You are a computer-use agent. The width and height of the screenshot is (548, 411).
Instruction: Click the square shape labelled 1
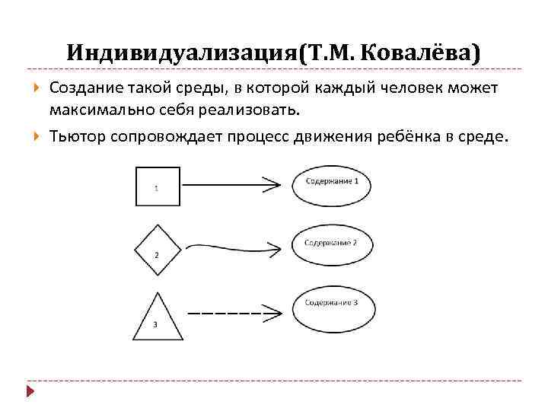click(x=158, y=186)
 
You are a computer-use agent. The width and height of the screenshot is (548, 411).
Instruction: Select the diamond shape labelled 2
click(x=158, y=248)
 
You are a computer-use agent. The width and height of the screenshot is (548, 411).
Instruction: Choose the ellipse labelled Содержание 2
click(x=332, y=244)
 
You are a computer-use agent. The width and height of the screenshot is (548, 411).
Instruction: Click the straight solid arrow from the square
click(x=228, y=183)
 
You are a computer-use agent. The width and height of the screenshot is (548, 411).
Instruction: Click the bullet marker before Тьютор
click(x=37, y=136)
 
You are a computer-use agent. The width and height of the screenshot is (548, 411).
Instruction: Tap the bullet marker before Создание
click(x=37, y=88)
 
